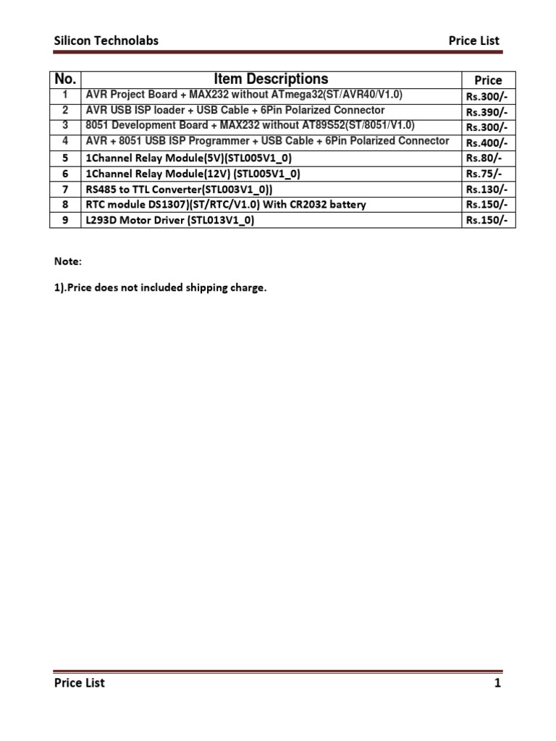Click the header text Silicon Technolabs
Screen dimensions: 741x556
(x=106, y=41)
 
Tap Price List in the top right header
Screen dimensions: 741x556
(x=473, y=41)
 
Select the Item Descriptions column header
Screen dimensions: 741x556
(x=271, y=79)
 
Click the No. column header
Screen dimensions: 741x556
(x=65, y=79)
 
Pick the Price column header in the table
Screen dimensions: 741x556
(x=488, y=80)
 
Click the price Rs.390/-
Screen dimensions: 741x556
(x=487, y=111)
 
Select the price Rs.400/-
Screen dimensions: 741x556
(x=487, y=143)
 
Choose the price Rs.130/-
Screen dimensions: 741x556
(x=487, y=189)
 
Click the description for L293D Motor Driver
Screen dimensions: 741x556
(x=170, y=220)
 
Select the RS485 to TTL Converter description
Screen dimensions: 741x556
(x=179, y=189)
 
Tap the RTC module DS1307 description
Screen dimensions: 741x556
(x=226, y=205)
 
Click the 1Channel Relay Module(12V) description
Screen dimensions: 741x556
(x=193, y=174)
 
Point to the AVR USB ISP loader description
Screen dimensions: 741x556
(x=235, y=110)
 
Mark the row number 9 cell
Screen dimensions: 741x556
(x=65, y=220)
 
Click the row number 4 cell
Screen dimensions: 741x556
(x=65, y=141)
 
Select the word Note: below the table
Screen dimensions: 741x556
(x=68, y=261)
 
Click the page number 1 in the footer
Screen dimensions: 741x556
(x=497, y=682)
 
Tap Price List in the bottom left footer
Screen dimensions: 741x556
(x=79, y=682)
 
